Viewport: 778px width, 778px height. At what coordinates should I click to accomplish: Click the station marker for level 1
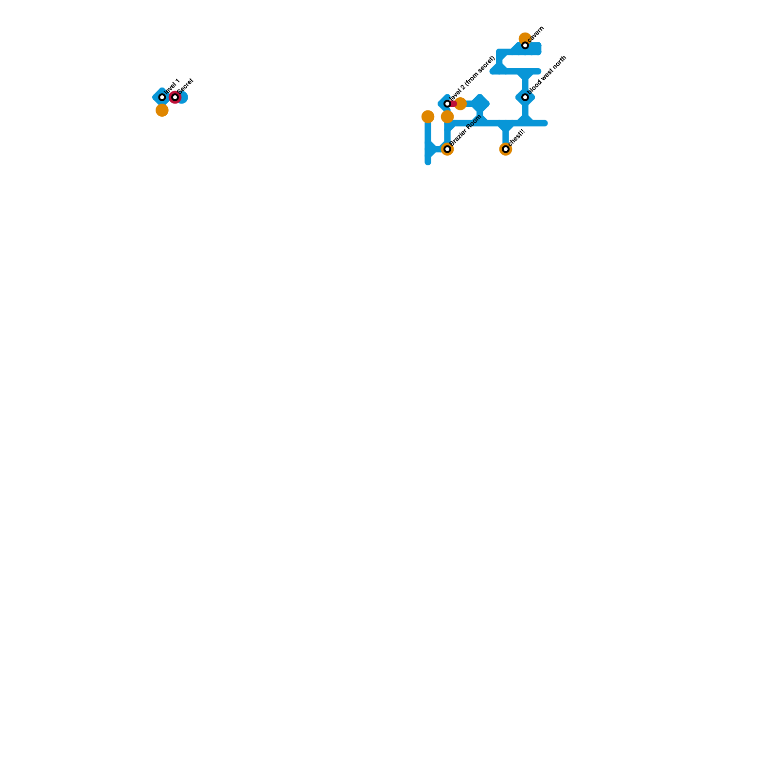tap(162, 97)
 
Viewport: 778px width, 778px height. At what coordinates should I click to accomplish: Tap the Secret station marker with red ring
tap(175, 97)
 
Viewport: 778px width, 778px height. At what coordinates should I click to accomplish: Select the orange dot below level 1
tap(162, 110)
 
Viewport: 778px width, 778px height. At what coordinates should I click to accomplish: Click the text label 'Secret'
tap(185, 86)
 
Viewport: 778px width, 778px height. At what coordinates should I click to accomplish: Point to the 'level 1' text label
tap(172, 86)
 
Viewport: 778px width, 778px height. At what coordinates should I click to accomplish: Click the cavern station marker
tap(525, 45)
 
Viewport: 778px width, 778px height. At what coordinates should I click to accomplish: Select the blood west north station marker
tap(525, 97)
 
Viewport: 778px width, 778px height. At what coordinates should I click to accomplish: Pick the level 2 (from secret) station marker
tap(447, 104)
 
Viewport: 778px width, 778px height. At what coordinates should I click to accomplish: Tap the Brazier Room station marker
tap(447, 149)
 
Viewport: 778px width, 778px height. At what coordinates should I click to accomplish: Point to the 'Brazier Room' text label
tap(465, 130)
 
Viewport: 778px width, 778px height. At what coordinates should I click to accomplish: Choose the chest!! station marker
tap(506, 149)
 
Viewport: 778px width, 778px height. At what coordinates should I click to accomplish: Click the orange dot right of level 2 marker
tap(460, 104)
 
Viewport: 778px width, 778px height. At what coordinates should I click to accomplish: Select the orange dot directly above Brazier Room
tap(447, 117)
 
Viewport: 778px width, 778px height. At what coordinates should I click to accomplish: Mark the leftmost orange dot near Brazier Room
tap(428, 117)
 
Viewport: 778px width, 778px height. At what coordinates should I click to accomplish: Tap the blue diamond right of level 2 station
tap(480, 104)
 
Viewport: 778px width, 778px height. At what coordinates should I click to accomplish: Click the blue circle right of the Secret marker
tap(183, 97)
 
